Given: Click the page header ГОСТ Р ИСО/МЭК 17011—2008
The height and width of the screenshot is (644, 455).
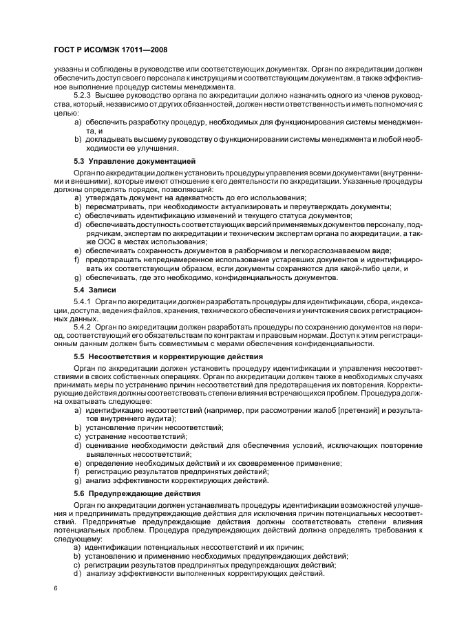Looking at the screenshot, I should (109, 50).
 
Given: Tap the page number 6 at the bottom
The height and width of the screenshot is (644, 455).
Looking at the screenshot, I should (55, 588).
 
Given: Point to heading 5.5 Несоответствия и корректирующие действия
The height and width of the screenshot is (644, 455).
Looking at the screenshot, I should (167, 357).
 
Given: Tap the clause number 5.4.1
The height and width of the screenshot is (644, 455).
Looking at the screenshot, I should (83, 301).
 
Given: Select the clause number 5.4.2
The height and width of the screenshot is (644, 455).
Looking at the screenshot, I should (83, 327).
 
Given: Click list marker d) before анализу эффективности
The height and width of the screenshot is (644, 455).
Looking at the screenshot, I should (78, 574).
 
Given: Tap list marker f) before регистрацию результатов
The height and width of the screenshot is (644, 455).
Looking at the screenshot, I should (77, 471).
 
